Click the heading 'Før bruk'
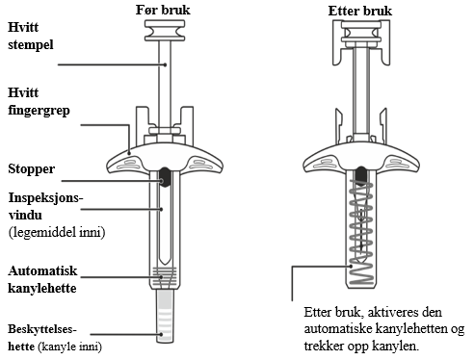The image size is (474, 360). pyautogui.click(x=163, y=10)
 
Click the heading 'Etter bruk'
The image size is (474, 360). pyautogui.click(x=359, y=11)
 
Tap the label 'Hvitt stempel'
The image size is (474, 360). pyautogui.click(x=31, y=36)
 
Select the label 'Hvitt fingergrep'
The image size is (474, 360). pyautogui.click(x=39, y=101)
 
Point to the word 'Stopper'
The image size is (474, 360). pyautogui.click(x=32, y=168)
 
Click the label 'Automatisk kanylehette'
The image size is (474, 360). pyautogui.click(x=42, y=279)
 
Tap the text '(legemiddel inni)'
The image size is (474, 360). pyautogui.click(x=57, y=232)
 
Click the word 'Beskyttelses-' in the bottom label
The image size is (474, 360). pyautogui.click(x=42, y=329)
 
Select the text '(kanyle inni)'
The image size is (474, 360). pyautogui.click(x=69, y=347)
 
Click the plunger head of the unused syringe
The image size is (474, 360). pyautogui.click(x=165, y=31)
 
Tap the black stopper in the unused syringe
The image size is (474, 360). pyautogui.click(x=165, y=177)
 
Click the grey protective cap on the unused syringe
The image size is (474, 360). pyautogui.click(x=166, y=316)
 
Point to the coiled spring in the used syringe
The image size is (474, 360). pyautogui.click(x=361, y=233)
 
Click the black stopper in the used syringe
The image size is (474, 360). pyautogui.click(x=361, y=175)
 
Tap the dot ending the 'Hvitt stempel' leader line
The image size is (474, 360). pyautogui.click(x=165, y=64)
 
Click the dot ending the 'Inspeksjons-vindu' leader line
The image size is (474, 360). pyautogui.click(x=162, y=209)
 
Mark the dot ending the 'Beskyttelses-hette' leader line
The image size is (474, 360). pyautogui.click(x=162, y=334)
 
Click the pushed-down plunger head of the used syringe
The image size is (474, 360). pyautogui.click(x=361, y=32)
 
